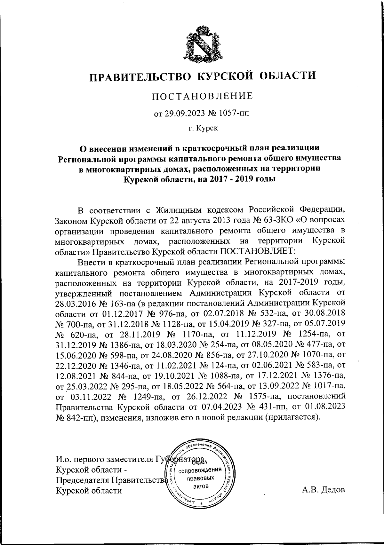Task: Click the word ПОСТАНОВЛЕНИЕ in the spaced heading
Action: (x=202, y=96)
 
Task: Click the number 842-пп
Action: (x=82, y=418)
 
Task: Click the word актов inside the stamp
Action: (x=200, y=486)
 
